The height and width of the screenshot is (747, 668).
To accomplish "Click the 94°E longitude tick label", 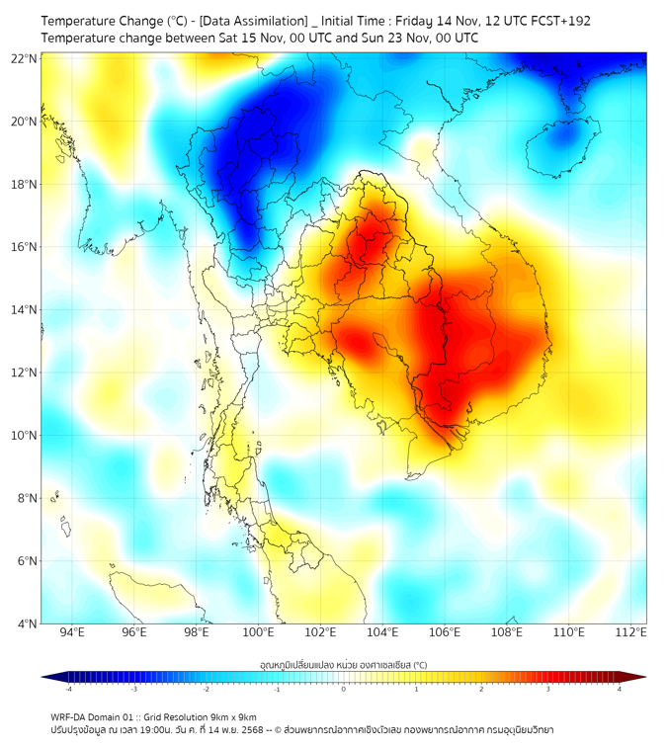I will [72, 633].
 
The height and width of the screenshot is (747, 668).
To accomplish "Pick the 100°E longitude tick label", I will [258, 633].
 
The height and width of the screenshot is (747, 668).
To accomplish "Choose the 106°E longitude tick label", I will [445, 633].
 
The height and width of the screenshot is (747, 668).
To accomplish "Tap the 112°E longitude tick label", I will [630, 633].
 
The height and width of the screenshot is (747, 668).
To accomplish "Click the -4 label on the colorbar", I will [68, 689].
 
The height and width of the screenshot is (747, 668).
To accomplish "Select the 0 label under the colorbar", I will [344, 689].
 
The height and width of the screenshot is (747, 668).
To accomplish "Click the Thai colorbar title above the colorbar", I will [343, 664].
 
